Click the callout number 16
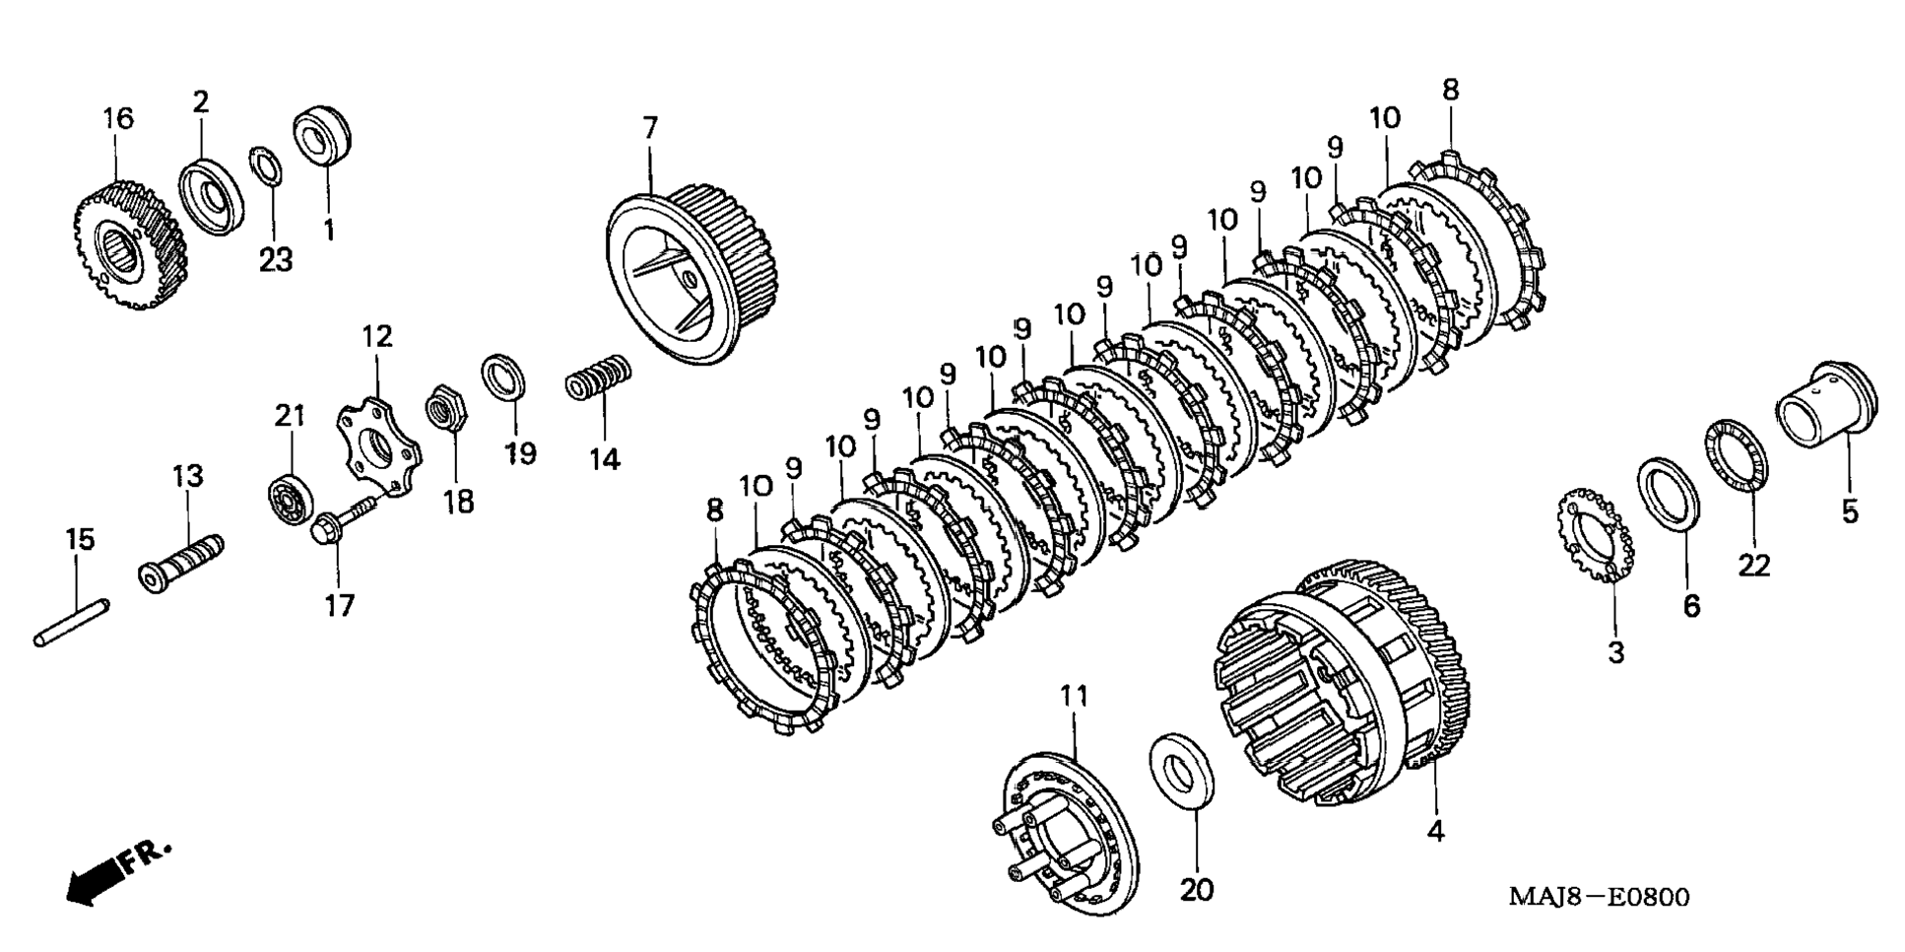click(x=117, y=119)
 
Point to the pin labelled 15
click(x=72, y=624)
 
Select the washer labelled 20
click(x=1181, y=770)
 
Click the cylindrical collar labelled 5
click(x=1825, y=405)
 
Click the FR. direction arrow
click(x=116, y=871)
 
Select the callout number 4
click(x=1435, y=831)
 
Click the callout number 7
click(x=649, y=129)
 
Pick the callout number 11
click(x=1075, y=697)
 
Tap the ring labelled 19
click(x=502, y=375)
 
